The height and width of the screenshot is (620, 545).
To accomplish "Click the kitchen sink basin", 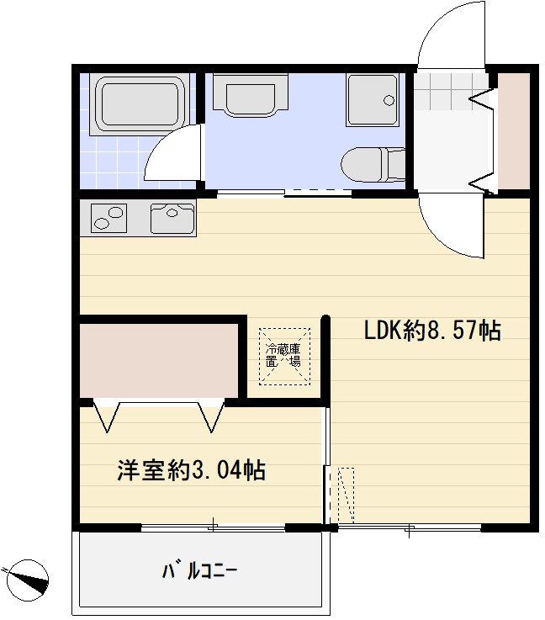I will [x=172, y=219].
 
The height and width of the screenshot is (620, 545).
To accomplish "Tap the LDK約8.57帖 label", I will [x=432, y=331].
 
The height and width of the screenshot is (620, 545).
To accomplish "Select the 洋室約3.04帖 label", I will [x=191, y=470].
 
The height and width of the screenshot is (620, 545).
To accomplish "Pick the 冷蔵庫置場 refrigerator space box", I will [x=283, y=355].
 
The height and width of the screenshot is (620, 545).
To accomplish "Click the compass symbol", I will [x=27, y=580].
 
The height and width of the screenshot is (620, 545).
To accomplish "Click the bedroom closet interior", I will [x=160, y=357].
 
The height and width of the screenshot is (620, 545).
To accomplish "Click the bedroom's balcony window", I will [x=214, y=527].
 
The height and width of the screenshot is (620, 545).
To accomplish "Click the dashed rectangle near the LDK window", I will [x=346, y=495].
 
